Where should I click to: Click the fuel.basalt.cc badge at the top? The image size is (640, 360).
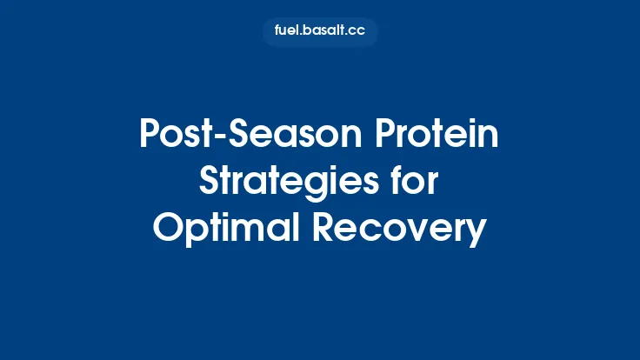click(x=320, y=32)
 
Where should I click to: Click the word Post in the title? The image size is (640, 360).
click(x=170, y=137)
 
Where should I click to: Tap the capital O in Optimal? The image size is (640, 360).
click(x=168, y=229)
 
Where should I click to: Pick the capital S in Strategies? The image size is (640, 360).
click(x=210, y=183)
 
